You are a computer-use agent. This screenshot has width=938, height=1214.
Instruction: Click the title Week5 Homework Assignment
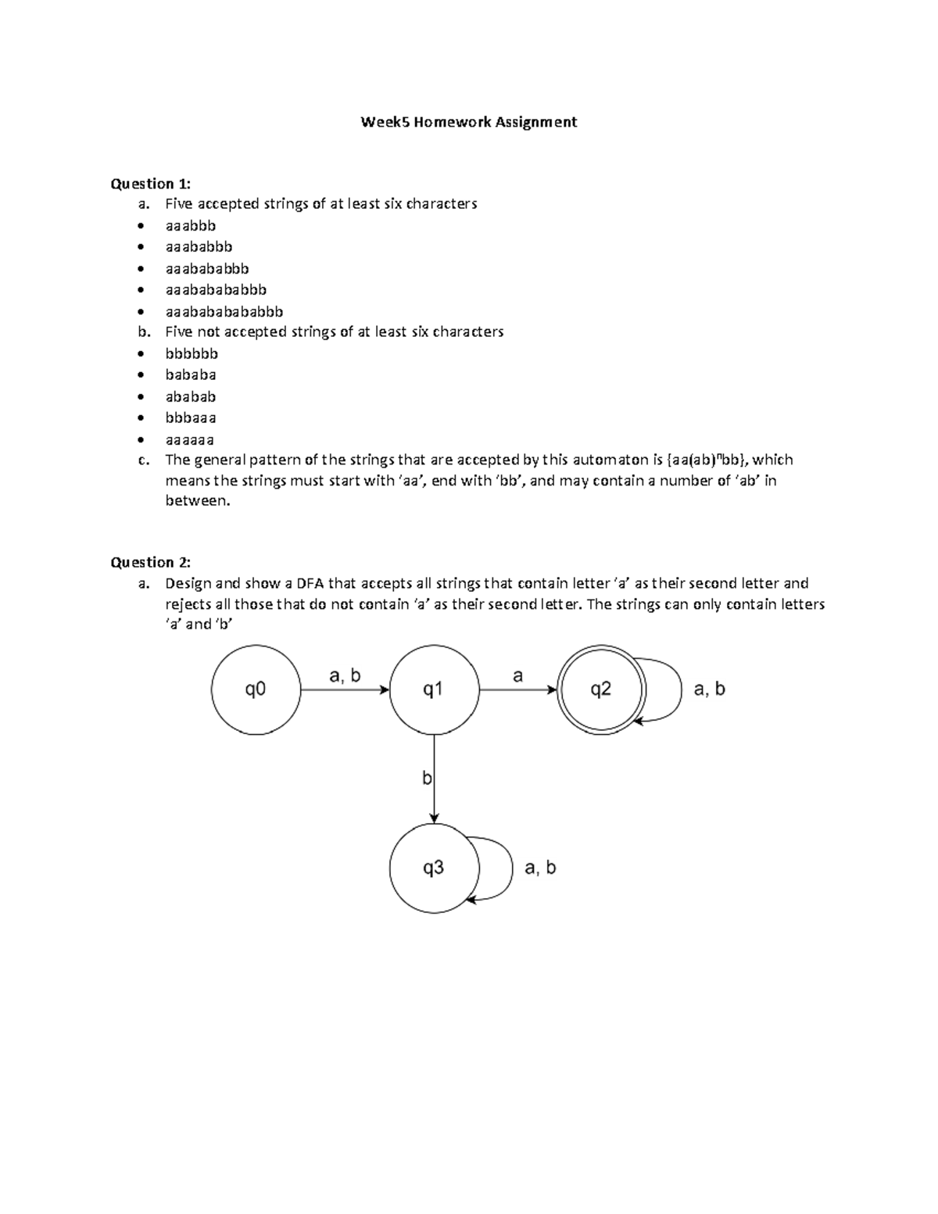468,122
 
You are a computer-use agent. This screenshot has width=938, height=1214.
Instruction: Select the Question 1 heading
150,184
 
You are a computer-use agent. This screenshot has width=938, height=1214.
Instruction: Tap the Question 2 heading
150,562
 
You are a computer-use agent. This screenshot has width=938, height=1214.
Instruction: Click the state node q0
256,689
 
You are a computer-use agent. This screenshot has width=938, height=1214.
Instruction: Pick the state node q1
434,689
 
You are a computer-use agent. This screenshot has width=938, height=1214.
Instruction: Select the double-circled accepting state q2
600,689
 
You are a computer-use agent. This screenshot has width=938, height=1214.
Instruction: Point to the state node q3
434,868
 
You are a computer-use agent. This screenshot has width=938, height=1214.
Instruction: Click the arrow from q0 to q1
344,690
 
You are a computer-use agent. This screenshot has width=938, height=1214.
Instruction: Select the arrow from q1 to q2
517,690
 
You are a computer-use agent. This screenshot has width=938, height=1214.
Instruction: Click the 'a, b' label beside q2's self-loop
709,689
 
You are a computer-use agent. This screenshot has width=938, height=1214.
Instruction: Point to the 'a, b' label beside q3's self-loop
540,868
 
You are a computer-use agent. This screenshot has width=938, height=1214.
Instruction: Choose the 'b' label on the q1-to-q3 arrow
427,778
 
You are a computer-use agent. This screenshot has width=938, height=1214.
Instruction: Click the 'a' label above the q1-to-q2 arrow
517,676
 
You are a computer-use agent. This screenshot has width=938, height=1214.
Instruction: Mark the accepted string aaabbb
191,225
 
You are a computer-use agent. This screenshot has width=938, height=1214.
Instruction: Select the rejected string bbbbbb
192,353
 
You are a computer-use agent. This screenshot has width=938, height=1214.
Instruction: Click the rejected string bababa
191,374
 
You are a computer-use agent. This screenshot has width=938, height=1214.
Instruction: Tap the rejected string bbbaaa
191,417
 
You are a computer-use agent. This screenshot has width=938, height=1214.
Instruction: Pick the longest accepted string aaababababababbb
224,311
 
